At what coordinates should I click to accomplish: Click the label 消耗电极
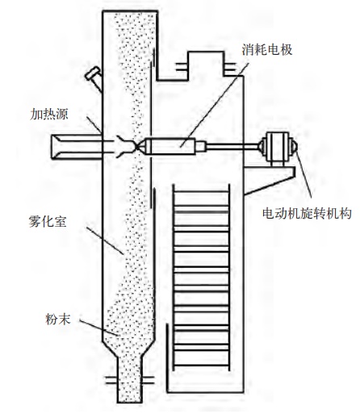[x=266, y=50]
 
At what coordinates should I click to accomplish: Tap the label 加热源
[x=49, y=114]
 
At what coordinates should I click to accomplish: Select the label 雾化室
[x=48, y=222]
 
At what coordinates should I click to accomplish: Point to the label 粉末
[x=58, y=320]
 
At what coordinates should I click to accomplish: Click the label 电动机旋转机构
[x=307, y=214]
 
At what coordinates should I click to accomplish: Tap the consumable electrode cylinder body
[x=170, y=146]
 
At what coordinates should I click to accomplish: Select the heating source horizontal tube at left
[x=77, y=147]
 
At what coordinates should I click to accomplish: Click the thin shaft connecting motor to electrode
[x=232, y=146]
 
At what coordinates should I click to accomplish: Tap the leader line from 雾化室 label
[x=105, y=240]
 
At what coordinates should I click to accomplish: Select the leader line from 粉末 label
[x=99, y=328]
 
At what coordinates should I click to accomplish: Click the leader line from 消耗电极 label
[x=215, y=105]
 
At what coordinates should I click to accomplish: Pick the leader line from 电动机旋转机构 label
[x=303, y=174]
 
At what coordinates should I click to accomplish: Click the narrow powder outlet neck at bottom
[x=129, y=379]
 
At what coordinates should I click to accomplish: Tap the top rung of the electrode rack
[x=201, y=191]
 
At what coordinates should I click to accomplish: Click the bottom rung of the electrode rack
[x=201, y=366]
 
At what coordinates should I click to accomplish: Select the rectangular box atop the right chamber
[x=206, y=65]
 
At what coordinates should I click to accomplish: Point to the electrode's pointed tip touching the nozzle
[x=137, y=146]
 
